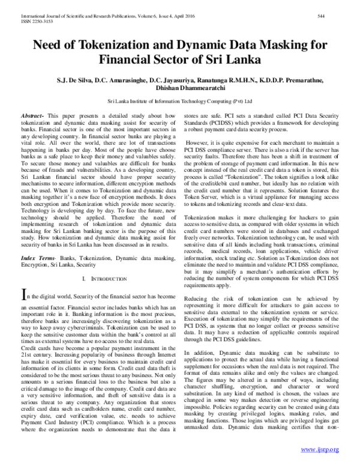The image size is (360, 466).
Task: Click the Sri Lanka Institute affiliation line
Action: point(180,102)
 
